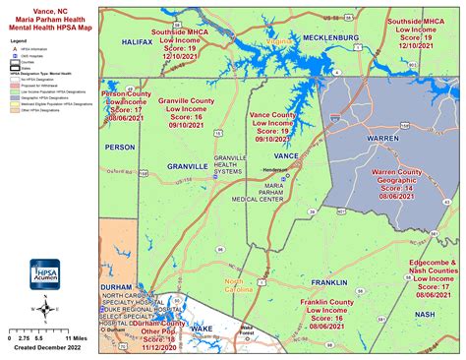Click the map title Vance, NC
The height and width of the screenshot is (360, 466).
click(46, 10)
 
